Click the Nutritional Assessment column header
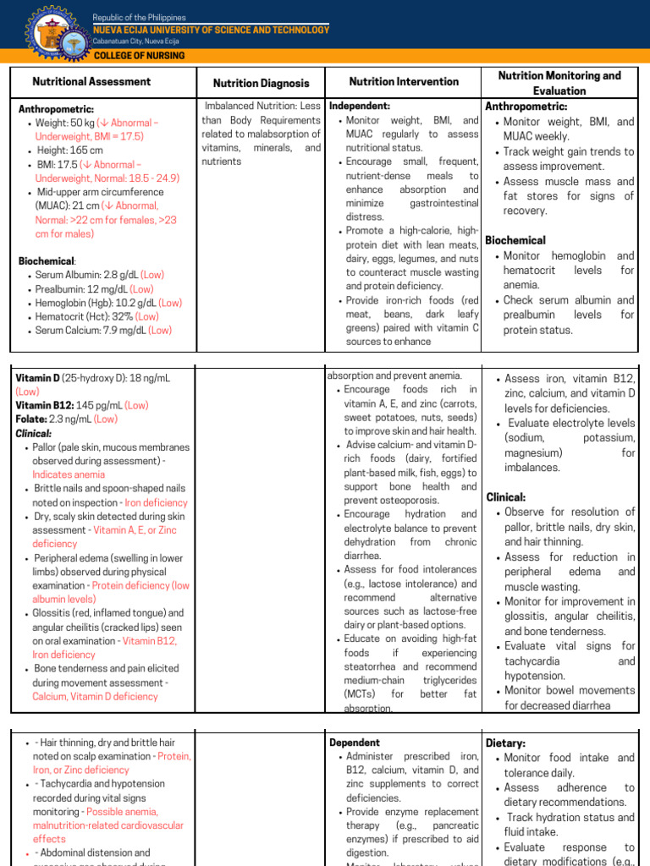tap(91, 82)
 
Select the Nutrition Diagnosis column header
tap(261, 84)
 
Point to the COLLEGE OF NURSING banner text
tap(139, 56)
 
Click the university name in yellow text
tap(211, 30)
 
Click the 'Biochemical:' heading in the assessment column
tap(47, 261)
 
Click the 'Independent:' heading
tap(360, 107)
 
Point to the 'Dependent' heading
tap(355, 742)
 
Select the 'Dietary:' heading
tap(506, 743)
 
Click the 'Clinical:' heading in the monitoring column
tap(506, 497)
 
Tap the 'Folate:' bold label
tap(31, 419)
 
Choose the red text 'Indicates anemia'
tap(69, 474)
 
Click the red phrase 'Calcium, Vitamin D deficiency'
tap(95, 697)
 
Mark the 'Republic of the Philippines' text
tap(139, 18)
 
